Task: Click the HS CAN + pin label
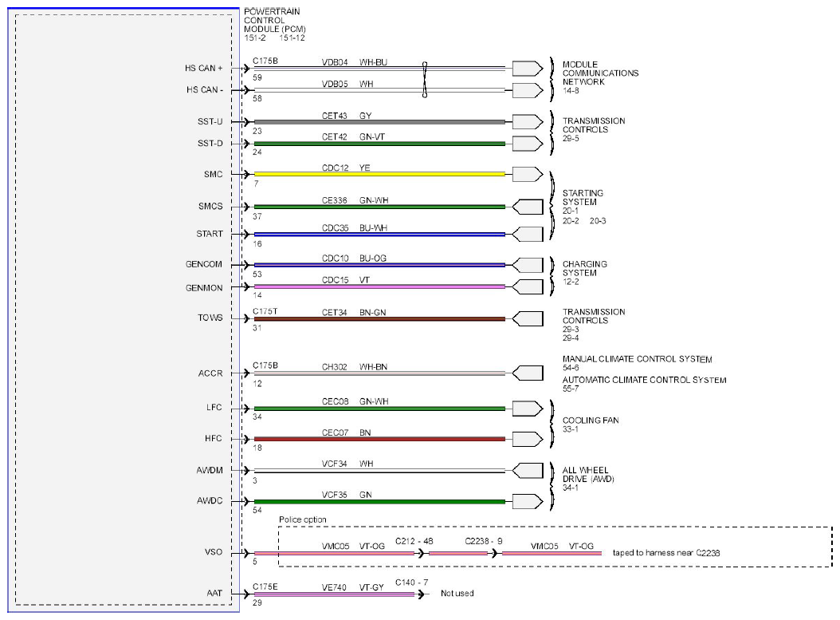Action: coord(203,68)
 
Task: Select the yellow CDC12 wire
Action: coord(379,174)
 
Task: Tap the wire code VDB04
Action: coord(335,62)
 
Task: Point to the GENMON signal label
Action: coord(204,288)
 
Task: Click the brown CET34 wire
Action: coord(379,319)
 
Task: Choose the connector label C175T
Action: coord(265,312)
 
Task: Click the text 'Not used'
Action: coord(457,593)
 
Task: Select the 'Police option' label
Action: coord(303,519)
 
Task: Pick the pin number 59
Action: coord(257,77)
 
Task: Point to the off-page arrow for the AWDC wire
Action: coord(528,501)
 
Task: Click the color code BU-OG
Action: coord(373,259)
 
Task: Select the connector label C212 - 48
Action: coord(414,541)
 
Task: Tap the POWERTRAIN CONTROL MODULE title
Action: coord(275,21)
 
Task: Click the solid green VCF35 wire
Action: coord(379,502)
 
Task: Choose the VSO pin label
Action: coord(214,552)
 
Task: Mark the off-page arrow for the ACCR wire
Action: coord(528,373)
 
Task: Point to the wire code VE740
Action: coord(334,587)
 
